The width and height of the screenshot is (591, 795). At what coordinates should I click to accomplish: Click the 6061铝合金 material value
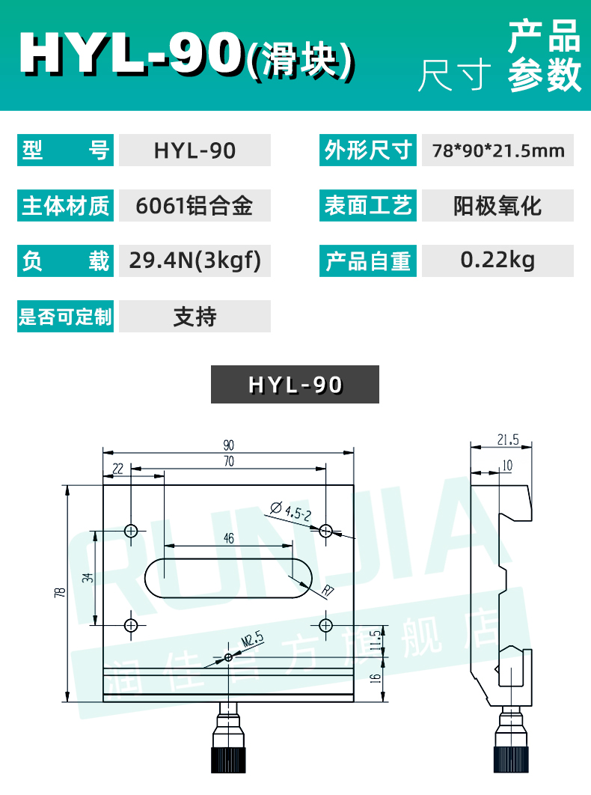click(x=194, y=205)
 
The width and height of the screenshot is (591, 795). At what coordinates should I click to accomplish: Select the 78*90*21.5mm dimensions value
click(x=497, y=150)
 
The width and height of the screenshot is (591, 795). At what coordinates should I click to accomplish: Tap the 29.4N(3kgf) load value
click(x=194, y=261)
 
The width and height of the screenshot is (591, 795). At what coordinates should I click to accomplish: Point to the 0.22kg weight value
click(x=497, y=260)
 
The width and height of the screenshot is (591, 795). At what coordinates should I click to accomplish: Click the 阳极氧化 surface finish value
click(x=497, y=205)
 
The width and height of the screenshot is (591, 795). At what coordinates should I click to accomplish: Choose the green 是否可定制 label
click(x=66, y=316)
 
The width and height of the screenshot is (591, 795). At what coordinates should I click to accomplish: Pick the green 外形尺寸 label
click(x=368, y=150)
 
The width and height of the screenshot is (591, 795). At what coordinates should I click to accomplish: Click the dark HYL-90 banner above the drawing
click(x=295, y=385)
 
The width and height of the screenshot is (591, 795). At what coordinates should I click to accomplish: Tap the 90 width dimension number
click(x=228, y=445)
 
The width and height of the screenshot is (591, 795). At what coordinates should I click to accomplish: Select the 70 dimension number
click(x=228, y=463)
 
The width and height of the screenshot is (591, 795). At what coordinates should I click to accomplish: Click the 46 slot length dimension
click(x=229, y=537)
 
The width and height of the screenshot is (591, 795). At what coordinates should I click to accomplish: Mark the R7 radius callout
click(x=326, y=592)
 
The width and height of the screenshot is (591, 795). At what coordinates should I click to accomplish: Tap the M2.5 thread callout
click(x=253, y=639)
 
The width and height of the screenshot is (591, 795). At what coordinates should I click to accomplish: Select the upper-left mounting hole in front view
click(x=132, y=531)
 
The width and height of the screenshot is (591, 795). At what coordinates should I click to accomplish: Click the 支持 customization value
click(x=194, y=316)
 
